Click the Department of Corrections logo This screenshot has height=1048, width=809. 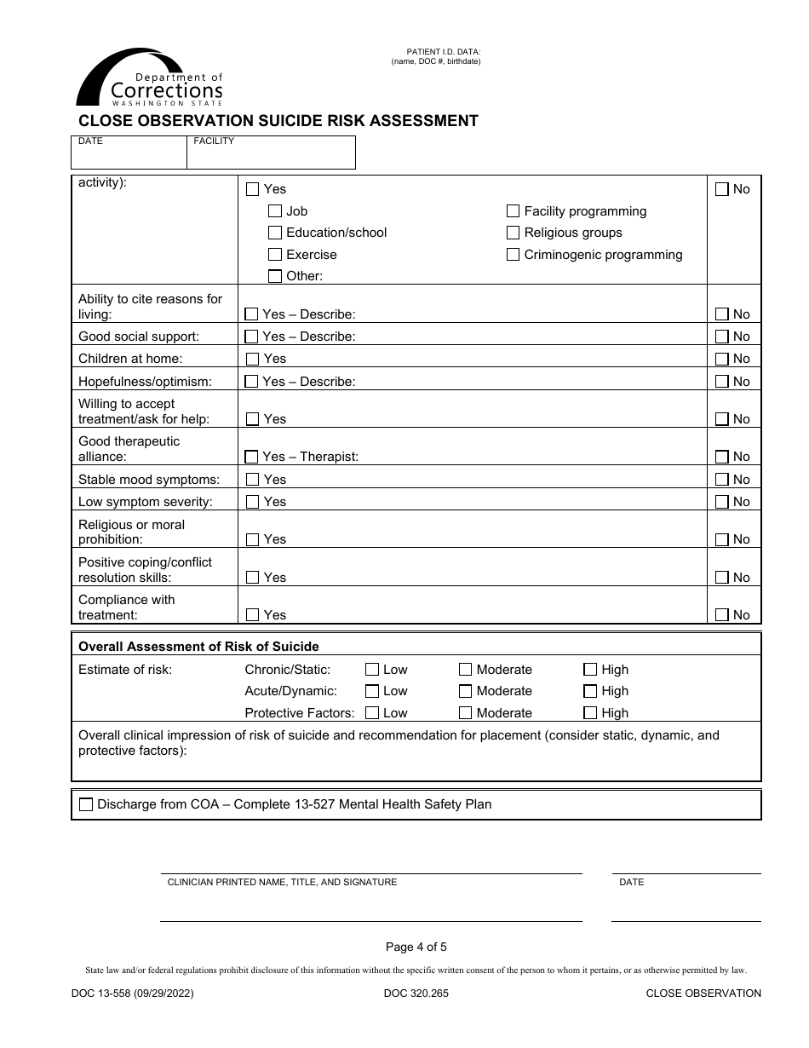click(x=150, y=79)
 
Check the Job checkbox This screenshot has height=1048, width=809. click(x=275, y=211)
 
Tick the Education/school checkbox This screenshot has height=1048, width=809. click(x=275, y=233)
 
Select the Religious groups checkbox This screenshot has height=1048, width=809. click(x=513, y=233)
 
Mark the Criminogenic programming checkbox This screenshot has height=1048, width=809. click(x=513, y=255)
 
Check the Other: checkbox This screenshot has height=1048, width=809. click(x=275, y=276)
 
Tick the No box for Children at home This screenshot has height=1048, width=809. click(x=722, y=359)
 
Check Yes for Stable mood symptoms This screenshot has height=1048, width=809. click(x=252, y=480)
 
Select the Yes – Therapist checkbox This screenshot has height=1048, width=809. click(x=252, y=457)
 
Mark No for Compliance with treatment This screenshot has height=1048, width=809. click(x=722, y=615)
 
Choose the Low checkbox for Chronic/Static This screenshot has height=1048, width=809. click(x=372, y=670)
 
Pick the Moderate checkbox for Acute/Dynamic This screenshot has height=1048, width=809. click(x=466, y=691)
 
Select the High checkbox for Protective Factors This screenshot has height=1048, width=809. click(x=590, y=713)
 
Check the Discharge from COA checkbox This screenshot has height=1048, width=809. click(x=86, y=804)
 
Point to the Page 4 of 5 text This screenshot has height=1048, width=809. click(x=416, y=947)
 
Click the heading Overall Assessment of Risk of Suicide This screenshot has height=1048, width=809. click(x=198, y=646)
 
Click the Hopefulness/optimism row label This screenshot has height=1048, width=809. click(x=145, y=382)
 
